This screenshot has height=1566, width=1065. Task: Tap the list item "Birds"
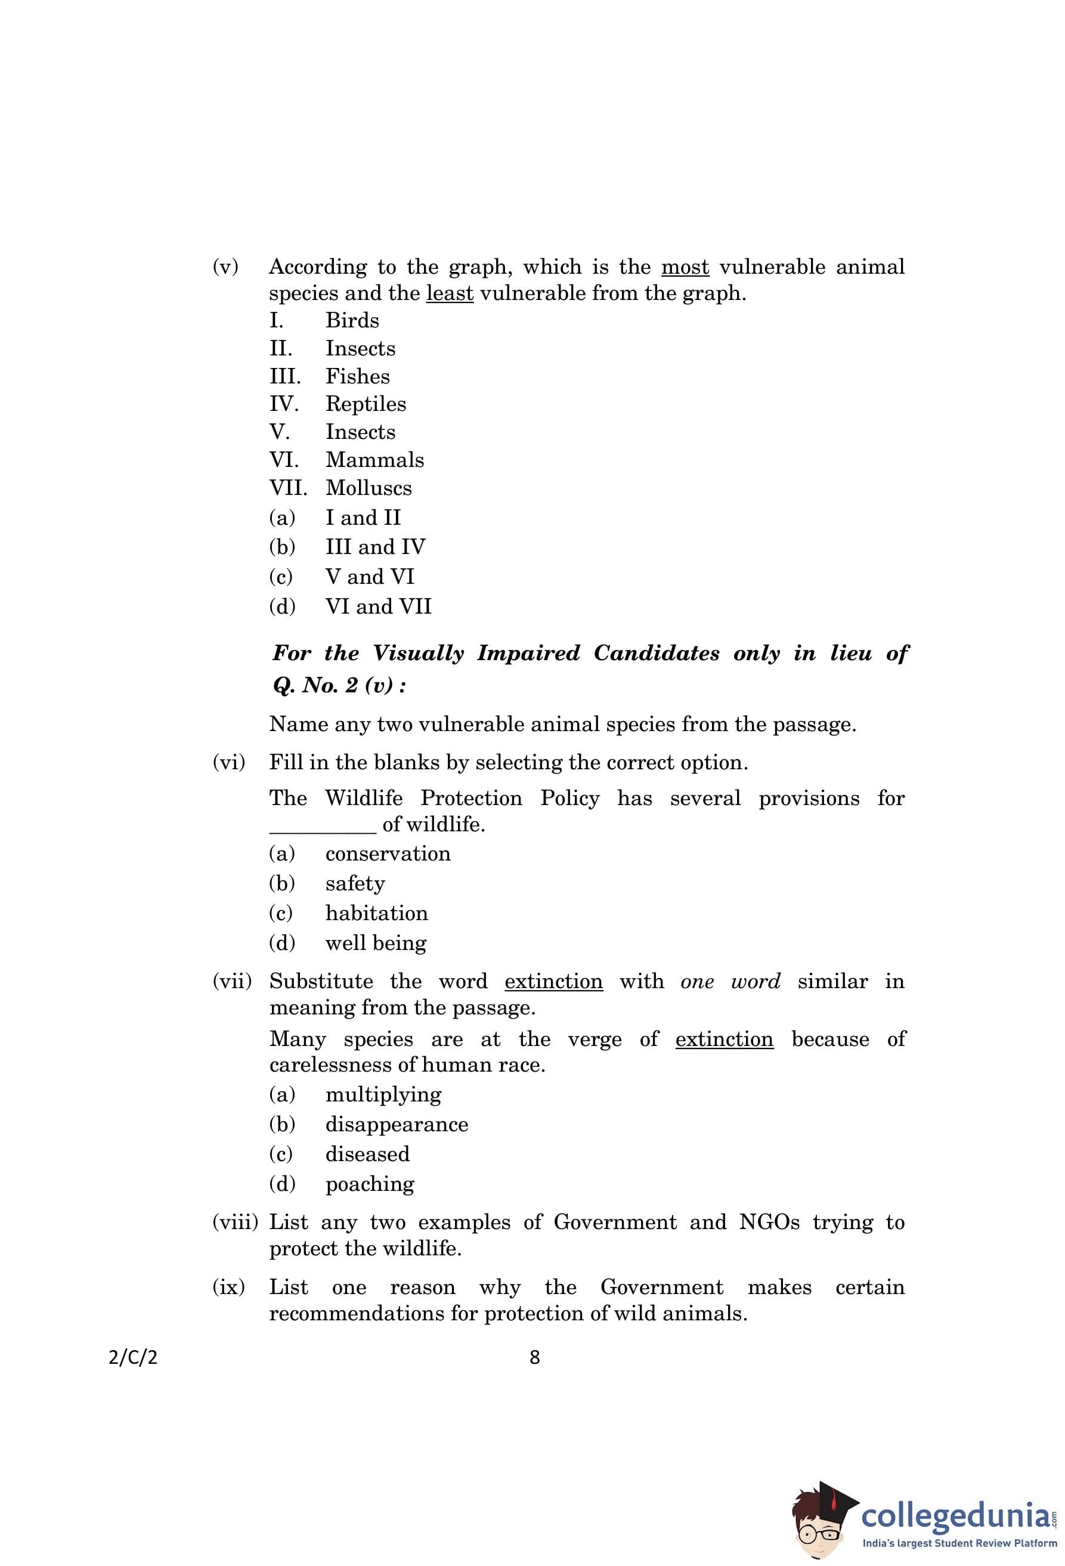(352, 320)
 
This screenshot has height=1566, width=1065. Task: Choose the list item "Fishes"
(357, 376)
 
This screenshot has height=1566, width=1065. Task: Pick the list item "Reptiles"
(366, 404)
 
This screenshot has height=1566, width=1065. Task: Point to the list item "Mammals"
(374, 460)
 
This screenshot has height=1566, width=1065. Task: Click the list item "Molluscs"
(369, 488)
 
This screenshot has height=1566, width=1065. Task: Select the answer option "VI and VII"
(378, 606)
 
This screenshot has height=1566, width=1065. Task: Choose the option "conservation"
(388, 854)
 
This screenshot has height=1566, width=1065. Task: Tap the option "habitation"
(376, 913)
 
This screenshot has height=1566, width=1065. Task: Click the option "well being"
(375, 943)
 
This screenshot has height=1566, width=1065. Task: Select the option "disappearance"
(397, 1124)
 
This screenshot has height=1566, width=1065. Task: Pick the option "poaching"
(369, 1184)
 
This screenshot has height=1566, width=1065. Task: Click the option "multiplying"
(383, 1094)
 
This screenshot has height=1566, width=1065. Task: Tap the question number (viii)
(235, 1223)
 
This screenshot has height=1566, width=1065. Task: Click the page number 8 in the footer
(535, 1357)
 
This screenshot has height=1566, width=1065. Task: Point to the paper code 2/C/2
(133, 1357)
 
